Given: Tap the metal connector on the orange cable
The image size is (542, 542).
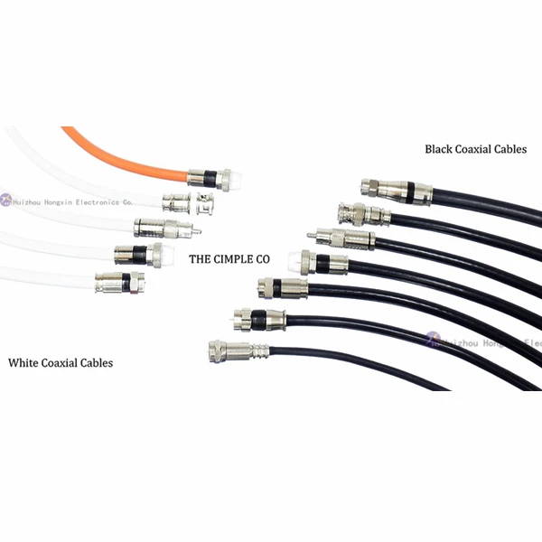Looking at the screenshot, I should click(201, 178).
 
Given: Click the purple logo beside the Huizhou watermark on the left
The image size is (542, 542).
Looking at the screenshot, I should click(5, 201).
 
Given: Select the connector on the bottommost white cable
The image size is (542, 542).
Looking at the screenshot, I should click(119, 283).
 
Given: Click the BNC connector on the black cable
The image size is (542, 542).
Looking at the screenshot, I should click(361, 214).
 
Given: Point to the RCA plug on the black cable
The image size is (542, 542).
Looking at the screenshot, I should click(339, 238).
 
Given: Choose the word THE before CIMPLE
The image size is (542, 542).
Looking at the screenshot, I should click(199, 258).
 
